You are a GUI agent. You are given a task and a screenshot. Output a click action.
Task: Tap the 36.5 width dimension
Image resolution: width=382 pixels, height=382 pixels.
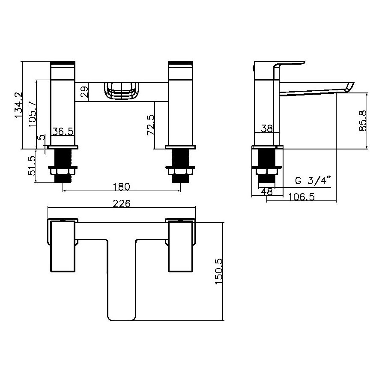[63, 131]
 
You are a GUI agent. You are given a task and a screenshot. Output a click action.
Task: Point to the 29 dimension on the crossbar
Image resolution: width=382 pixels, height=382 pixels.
[84, 92]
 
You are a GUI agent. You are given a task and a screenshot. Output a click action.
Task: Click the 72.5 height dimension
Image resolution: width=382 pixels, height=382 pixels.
[150, 125]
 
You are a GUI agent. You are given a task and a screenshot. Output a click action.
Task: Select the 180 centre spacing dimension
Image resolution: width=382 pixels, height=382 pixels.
[122, 187]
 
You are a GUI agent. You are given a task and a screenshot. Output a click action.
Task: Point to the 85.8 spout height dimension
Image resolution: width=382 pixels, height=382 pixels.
[363, 121]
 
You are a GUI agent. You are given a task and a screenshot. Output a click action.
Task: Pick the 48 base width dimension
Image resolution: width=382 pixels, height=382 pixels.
[267, 192]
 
